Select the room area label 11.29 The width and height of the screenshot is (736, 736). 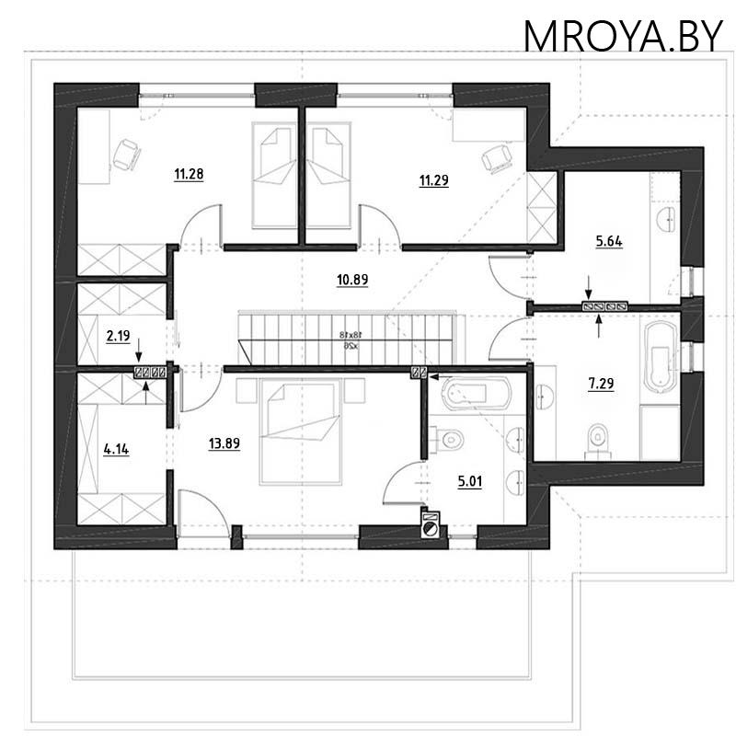[x=433, y=180]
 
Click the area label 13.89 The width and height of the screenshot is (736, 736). [x=224, y=443]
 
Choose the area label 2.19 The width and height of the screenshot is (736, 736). [x=117, y=337]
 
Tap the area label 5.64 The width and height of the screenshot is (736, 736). [x=609, y=242]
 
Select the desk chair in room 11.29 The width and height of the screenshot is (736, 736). [x=498, y=158]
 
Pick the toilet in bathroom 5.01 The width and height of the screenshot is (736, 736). [x=449, y=440]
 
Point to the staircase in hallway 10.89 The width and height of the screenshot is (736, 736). [x=348, y=339]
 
